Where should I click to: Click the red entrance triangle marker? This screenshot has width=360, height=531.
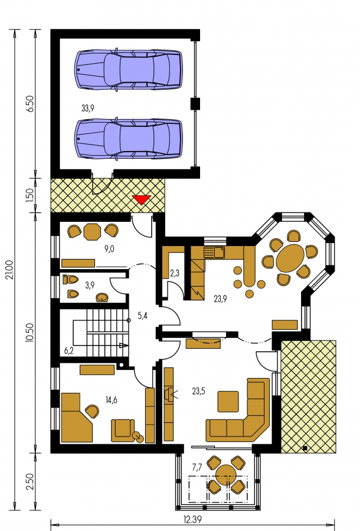[141, 200]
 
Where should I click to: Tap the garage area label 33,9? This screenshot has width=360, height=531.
[88, 109]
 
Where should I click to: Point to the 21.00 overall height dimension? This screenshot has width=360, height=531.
[9, 270]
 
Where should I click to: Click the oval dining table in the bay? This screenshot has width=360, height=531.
[290, 258]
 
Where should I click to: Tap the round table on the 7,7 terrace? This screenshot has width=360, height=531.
[226, 474]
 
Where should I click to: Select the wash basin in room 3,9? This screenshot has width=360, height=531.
[102, 297]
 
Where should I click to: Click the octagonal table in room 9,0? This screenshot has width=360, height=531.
[92, 232]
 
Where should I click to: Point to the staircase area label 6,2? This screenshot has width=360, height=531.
[69, 351]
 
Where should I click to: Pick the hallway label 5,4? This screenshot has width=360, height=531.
[143, 316]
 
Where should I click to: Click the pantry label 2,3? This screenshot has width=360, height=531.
[175, 274]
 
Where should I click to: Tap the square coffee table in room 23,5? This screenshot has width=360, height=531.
[228, 401]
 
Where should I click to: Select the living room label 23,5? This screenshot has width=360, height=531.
[198, 392]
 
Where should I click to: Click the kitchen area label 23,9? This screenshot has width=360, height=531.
[221, 299]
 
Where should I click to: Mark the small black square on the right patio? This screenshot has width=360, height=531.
[305, 448]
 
